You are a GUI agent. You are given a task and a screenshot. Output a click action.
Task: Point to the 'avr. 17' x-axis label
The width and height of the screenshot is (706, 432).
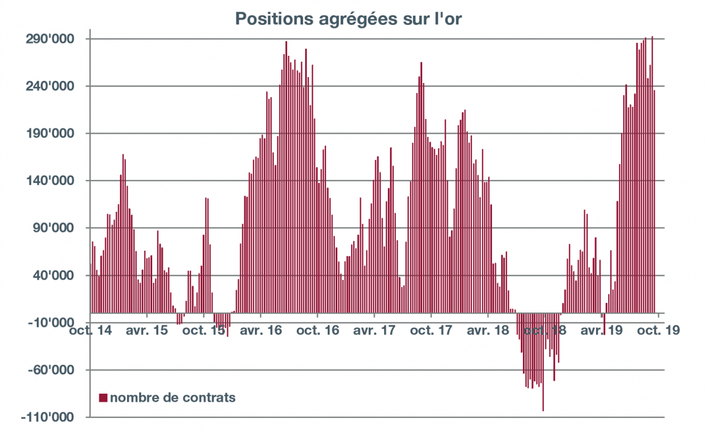click(374, 331)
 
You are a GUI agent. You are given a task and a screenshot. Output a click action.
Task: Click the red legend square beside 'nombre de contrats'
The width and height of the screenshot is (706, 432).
click(104, 398)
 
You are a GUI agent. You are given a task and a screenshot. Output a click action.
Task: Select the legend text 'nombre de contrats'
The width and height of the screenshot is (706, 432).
click(173, 398)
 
